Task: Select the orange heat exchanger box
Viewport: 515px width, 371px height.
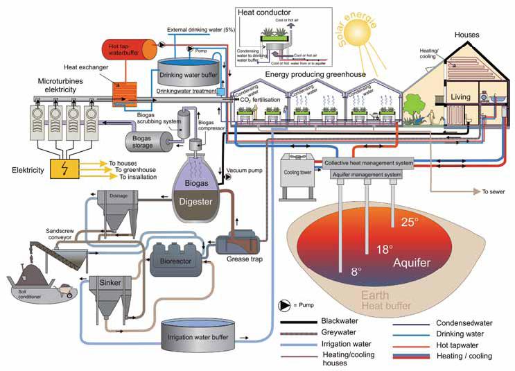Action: pos(127,95)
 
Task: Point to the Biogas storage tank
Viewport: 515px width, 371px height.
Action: pos(148,141)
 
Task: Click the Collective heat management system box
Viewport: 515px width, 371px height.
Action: pos(378,162)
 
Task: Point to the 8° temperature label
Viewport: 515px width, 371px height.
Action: pos(357,272)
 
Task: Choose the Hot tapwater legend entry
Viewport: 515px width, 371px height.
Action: pos(458,344)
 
